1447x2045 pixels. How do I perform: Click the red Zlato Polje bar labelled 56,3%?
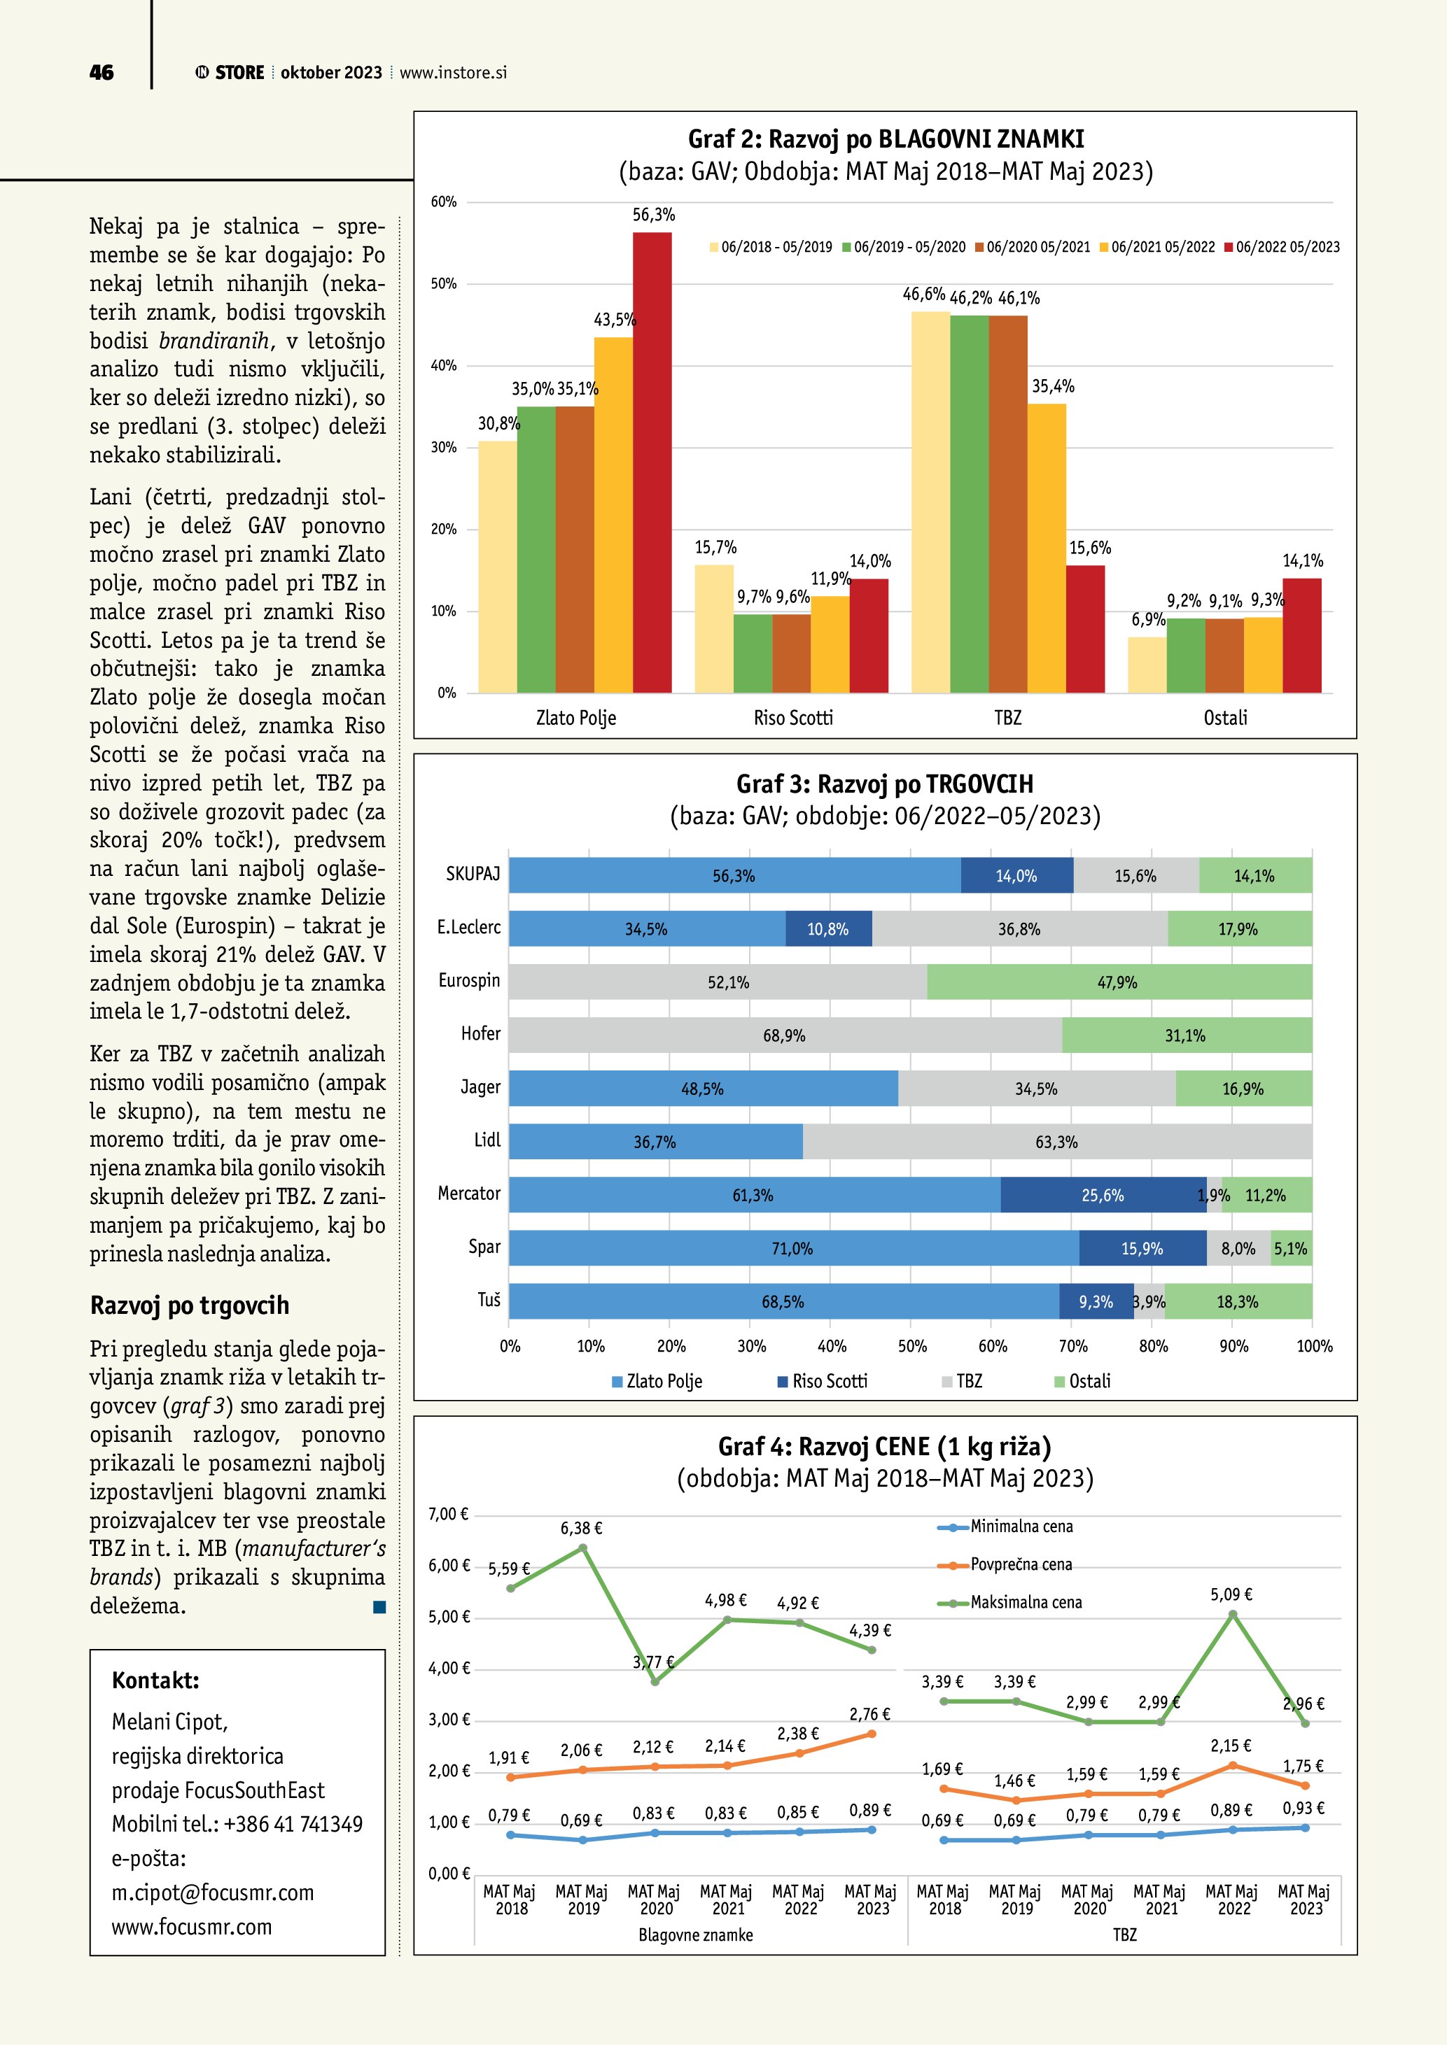coord(652,463)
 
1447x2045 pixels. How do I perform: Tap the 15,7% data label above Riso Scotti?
coord(715,547)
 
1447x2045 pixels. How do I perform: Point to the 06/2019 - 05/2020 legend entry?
coord(904,247)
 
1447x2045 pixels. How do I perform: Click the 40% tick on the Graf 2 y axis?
coord(444,365)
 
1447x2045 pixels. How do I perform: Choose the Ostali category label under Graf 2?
coord(1225,718)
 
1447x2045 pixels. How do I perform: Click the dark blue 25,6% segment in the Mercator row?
coord(1103,1195)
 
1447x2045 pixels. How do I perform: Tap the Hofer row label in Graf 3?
coord(480,1034)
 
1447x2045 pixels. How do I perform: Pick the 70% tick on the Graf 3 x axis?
coord(1072,1346)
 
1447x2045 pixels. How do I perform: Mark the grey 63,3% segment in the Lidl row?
coord(1057,1142)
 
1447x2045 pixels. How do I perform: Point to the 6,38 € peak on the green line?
coord(582,1548)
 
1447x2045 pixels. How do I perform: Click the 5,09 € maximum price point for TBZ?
coord(1232,1615)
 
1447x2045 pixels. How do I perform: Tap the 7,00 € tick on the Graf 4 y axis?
coord(448,1514)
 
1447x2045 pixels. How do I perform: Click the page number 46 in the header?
coord(102,73)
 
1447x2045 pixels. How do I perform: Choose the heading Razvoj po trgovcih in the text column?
coord(190,1305)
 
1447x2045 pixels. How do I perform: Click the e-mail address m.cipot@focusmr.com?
coord(213,1892)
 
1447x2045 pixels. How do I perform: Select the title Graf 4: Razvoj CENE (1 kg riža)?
coord(884,1446)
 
